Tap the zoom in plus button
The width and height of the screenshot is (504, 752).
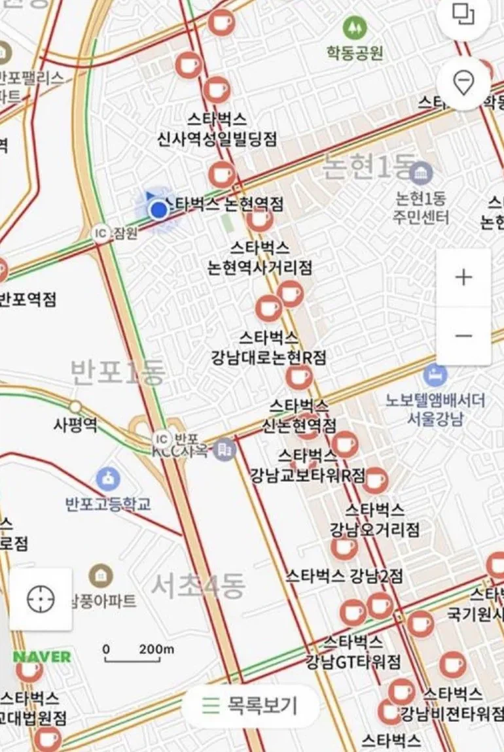click(x=463, y=277)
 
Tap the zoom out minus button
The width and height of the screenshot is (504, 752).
click(x=463, y=336)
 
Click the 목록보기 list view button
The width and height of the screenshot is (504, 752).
click(x=251, y=706)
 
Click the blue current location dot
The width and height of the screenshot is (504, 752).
click(x=158, y=210)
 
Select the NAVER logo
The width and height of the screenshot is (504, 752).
click(x=42, y=657)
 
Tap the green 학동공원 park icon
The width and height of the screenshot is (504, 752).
click(x=354, y=27)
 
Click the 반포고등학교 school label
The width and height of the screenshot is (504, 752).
click(x=108, y=504)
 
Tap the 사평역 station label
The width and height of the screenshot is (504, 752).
click(x=75, y=424)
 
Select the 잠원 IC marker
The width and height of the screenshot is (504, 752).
click(x=101, y=233)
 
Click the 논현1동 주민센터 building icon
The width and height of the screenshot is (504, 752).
click(x=422, y=173)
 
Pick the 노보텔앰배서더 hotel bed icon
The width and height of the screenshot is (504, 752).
click(x=435, y=375)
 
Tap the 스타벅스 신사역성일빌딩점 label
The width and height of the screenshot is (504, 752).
click(x=217, y=129)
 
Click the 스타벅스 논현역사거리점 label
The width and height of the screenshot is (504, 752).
click(x=259, y=258)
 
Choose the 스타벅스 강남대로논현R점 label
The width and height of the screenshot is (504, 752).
click(x=268, y=348)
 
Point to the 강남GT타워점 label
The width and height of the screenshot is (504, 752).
click(x=353, y=661)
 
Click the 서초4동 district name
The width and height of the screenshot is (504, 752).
click(x=198, y=586)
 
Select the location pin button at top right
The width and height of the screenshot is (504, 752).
click(x=463, y=83)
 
